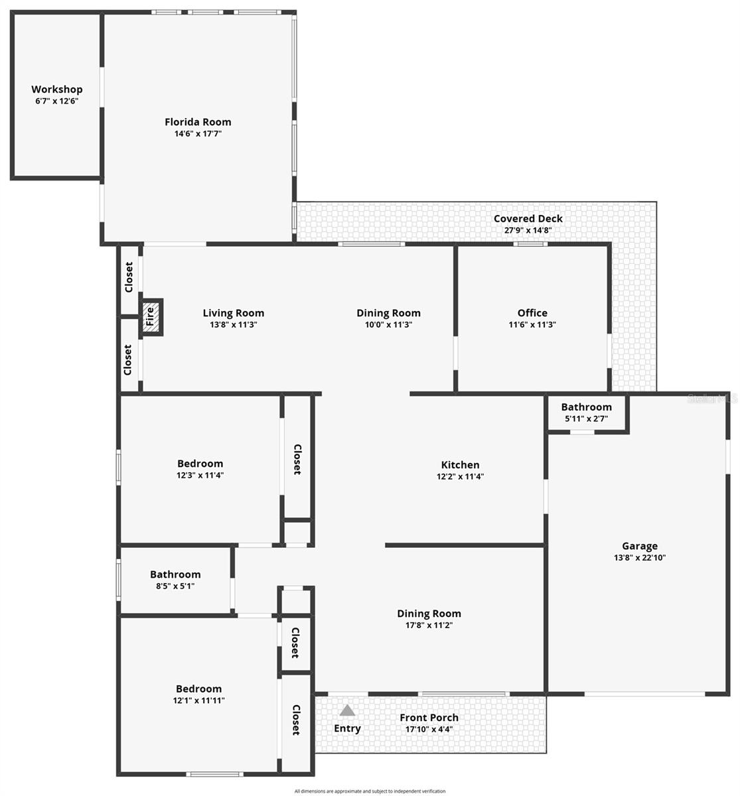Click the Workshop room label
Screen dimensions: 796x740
point(57,90)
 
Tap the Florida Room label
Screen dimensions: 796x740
point(198,122)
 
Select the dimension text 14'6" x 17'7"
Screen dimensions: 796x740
point(198,134)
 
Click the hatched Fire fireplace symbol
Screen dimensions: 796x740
point(151,317)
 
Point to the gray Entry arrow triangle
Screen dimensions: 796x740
point(347,711)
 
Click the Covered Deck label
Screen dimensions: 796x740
point(528,219)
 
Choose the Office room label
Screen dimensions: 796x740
point(532,313)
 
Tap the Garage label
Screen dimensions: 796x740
point(640,547)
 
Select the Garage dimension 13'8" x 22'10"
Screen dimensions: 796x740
point(640,559)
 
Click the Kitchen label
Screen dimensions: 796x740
point(460,465)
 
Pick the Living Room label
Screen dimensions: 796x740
point(233,313)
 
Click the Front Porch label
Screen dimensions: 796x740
point(429,718)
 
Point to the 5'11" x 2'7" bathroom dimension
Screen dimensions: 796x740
point(586,419)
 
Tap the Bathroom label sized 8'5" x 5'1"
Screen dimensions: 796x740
point(175,574)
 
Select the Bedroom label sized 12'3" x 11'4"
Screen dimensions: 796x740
point(200,464)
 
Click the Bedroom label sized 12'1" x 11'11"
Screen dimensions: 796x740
point(198,689)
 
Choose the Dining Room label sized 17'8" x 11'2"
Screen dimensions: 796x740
point(429,614)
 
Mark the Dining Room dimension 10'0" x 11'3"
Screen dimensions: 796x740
point(388,325)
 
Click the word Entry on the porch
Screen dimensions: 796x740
point(347,728)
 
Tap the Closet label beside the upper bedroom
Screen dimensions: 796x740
point(297,459)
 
